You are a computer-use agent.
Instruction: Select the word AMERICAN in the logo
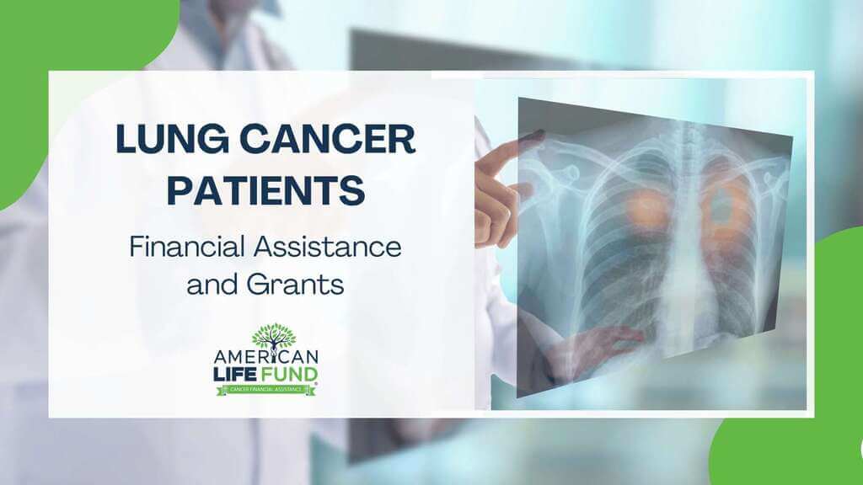(265, 356)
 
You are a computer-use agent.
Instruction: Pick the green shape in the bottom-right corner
(784, 455)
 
